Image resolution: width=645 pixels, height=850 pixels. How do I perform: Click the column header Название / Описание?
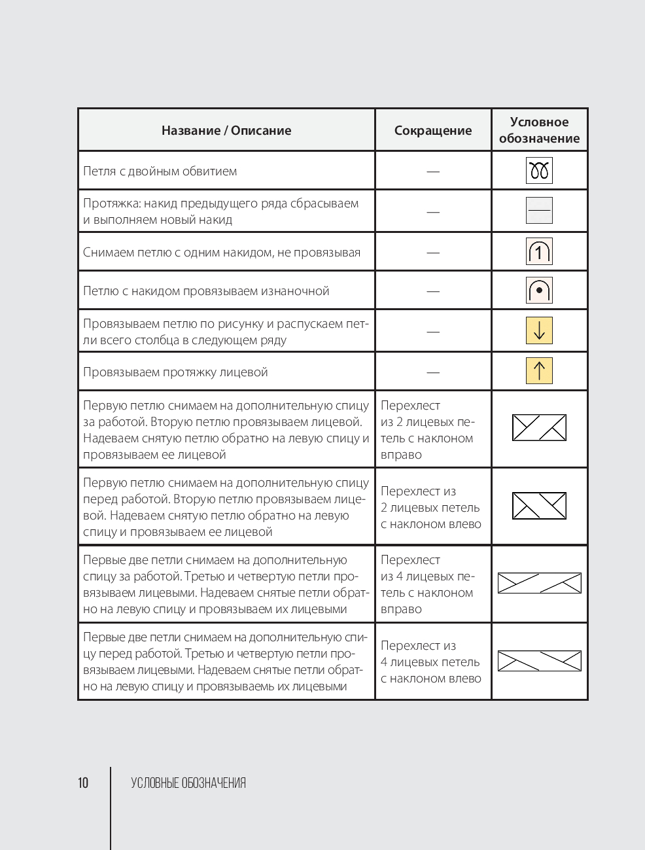(x=226, y=130)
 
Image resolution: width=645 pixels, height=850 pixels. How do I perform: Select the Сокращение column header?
(x=433, y=130)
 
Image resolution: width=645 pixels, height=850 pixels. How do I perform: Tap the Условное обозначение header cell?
(x=539, y=130)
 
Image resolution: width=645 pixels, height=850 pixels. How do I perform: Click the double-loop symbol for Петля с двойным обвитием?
(x=539, y=171)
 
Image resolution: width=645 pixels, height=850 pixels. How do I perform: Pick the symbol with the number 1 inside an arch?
(x=539, y=251)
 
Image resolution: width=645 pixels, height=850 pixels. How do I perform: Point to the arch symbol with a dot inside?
(x=539, y=291)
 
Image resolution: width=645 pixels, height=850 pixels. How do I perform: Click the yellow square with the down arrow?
(x=539, y=330)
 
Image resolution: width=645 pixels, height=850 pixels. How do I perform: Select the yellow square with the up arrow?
(x=539, y=371)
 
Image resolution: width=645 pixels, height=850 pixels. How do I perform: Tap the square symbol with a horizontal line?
(x=539, y=211)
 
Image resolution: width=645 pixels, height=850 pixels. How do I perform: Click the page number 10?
(x=83, y=783)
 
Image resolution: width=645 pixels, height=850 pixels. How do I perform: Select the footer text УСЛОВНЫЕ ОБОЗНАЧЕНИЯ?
(x=188, y=783)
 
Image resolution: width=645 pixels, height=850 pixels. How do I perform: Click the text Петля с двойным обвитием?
(x=160, y=171)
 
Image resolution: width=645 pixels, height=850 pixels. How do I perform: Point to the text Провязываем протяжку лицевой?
(x=175, y=372)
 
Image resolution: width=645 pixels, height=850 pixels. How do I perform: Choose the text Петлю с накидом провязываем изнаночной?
(x=206, y=291)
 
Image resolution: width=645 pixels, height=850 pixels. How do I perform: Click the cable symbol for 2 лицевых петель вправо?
(x=539, y=428)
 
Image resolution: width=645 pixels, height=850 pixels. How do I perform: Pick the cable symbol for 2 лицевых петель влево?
(x=539, y=506)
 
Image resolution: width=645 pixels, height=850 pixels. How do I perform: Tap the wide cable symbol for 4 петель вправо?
(x=539, y=583)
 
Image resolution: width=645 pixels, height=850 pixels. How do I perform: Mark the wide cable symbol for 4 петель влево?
(x=539, y=661)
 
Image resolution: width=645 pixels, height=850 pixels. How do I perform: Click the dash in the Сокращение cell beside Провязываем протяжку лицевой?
(x=433, y=372)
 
